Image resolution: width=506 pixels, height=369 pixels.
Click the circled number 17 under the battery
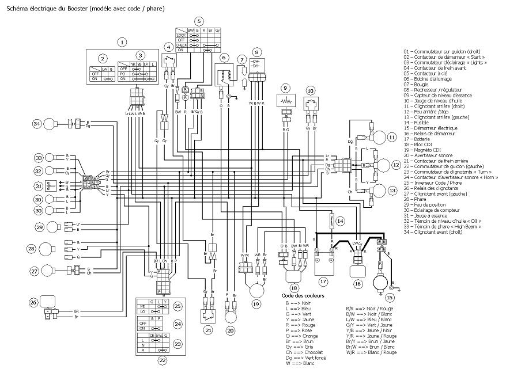(x=323, y=281)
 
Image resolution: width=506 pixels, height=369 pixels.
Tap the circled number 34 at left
(x=37, y=123)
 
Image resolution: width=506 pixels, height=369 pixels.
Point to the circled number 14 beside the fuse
(x=340, y=220)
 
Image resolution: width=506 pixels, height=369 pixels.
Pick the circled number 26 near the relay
(x=33, y=302)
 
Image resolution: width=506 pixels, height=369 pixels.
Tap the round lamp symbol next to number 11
(x=378, y=137)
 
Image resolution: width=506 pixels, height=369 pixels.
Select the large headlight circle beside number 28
(x=48, y=249)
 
